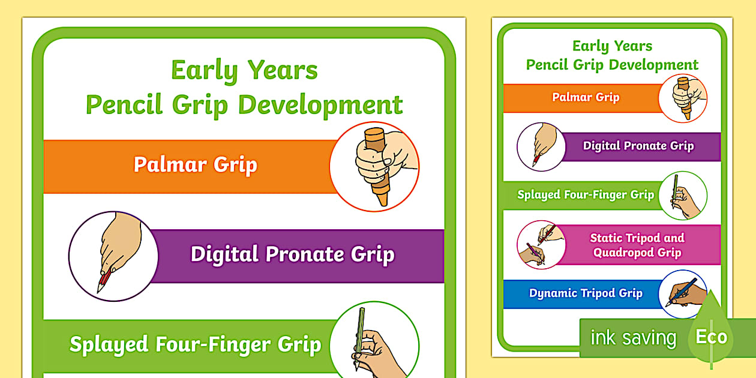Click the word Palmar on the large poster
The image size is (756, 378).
coord(170,164)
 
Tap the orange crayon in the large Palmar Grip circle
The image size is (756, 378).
coord(377,167)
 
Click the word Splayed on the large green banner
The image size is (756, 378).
coord(109,344)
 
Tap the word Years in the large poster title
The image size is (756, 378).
coord(283,70)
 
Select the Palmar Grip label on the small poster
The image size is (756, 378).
coord(586,97)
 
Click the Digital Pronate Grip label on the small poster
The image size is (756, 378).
coord(638,146)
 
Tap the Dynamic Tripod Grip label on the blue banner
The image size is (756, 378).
coord(586,293)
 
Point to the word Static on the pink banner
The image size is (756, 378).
coord(606,238)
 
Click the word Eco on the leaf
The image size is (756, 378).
coord(711,337)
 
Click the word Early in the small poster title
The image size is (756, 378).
coord(590,46)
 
